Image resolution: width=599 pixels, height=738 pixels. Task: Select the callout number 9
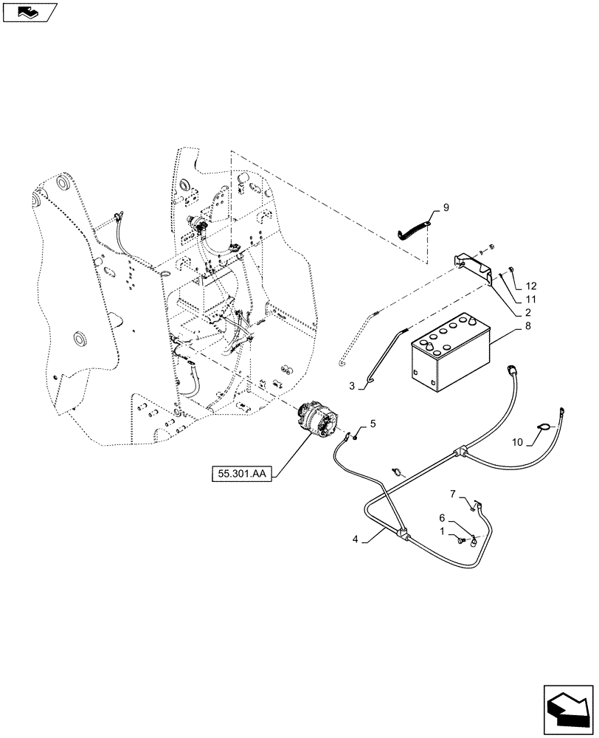click(446, 207)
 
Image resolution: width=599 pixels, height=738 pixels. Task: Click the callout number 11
click(531, 299)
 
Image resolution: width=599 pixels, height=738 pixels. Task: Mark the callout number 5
click(373, 424)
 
